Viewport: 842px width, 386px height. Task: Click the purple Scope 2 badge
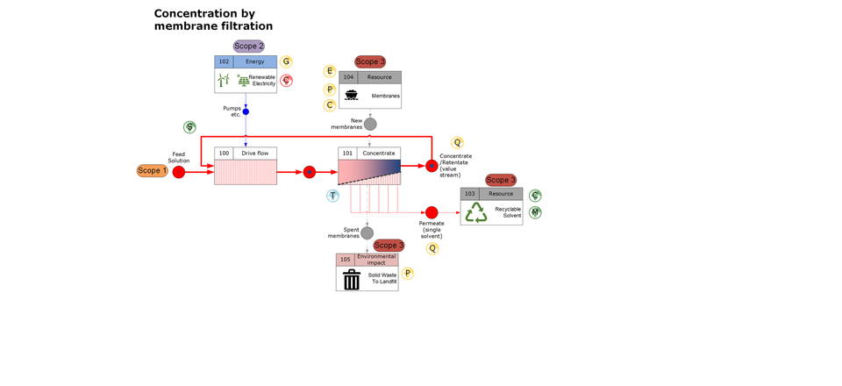click(x=248, y=46)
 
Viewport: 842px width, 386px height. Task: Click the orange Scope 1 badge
click(x=152, y=170)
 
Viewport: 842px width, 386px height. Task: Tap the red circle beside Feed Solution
click(x=179, y=172)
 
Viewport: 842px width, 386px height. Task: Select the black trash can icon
click(x=352, y=279)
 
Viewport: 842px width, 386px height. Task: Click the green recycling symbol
click(x=476, y=212)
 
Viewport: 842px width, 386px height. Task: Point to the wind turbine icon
click(x=223, y=81)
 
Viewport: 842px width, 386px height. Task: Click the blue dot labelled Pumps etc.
click(x=246, y=111)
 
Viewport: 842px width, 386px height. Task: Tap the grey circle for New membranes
click(x=370, y=124)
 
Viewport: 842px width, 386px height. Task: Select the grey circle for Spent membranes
click(x=367, y=232)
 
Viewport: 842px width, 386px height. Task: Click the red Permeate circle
click(x=432, y=212)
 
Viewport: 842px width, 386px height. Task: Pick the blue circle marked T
click(x=332, y=196)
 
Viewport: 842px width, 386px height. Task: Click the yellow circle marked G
click(x=286, y=61)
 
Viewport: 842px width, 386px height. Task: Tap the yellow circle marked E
click(x=330, y=71)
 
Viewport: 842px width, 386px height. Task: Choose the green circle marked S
click(x=189, y=128)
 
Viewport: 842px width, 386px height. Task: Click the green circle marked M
click(x=535, y=212)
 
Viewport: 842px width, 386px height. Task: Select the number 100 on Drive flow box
click(x=224, y=154)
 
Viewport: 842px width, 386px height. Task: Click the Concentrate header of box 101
click(x=379, y=154)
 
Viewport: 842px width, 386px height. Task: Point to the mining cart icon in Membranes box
click(x=351, y=95)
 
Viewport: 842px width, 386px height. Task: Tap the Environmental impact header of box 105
click(x=376, y=260)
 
